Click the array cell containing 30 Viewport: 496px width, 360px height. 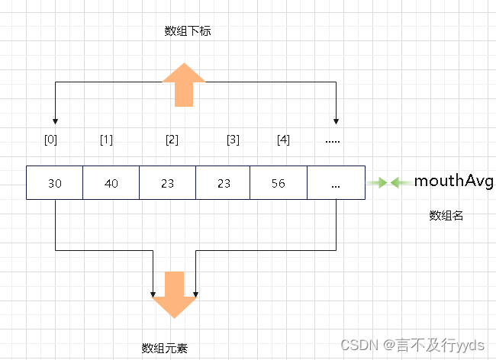pos(54,184)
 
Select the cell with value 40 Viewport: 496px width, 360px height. pos(111,184)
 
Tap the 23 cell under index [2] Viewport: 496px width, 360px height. pos(167,184)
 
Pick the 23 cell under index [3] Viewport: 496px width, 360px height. pos(224,184)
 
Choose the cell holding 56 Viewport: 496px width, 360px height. pos(279,184)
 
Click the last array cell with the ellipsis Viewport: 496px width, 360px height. pos(336,184)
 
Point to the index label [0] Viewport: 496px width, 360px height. pos(51,140)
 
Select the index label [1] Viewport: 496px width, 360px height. pos(106,140)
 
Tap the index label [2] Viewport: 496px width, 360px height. pos(172,140)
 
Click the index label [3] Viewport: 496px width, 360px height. pos(233,140)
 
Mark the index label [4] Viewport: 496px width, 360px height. pos(283,140)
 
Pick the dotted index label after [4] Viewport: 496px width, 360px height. pos(333,140)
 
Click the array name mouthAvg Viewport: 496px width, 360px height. pos(454,181)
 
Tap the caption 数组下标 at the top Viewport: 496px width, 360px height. pos(185,31)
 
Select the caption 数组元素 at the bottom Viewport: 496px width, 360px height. pos(165,348)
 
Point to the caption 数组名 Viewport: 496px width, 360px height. pos(447,216)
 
